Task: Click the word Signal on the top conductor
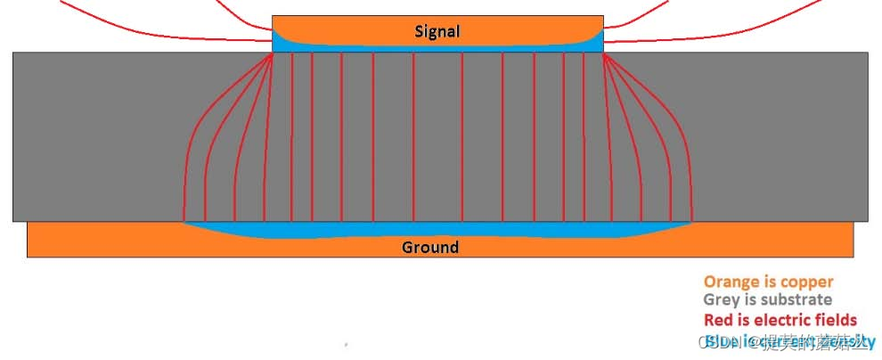(437, 31)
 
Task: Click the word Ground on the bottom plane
(430, 247)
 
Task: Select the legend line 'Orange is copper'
(768, 282)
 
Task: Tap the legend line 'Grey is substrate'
(767, 300)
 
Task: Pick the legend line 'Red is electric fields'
(780, 320)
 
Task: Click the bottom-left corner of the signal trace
(274, 51)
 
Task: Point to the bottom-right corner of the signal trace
(602, 51)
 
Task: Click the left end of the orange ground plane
(29, 239)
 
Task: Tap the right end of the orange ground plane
(852, 239)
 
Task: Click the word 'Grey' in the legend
(721, 300)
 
